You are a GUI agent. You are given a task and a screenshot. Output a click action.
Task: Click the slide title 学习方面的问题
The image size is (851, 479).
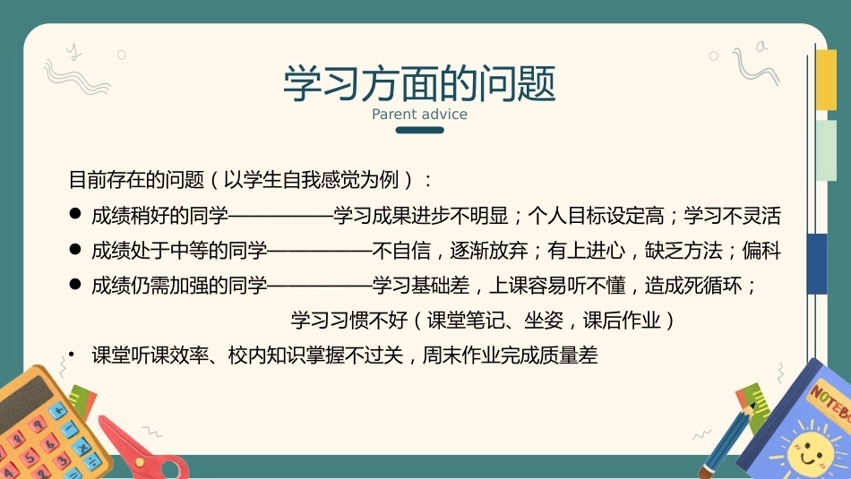click(x=419, y=83)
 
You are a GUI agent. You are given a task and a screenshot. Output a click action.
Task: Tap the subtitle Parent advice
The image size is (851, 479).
click(x=419, y=114)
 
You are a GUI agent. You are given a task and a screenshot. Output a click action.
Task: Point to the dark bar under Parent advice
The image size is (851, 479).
click(x=419, y=130)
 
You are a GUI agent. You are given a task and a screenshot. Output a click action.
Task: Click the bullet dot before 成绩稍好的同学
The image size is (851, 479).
click(x=75, y=214)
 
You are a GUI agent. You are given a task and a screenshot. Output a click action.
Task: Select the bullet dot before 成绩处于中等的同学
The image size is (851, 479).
click(x=75, y=249)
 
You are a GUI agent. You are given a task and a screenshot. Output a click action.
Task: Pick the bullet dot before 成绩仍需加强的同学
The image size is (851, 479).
click(x=75, y=284)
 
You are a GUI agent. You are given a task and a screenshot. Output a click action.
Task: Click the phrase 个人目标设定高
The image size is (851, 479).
click(x=596, y=216)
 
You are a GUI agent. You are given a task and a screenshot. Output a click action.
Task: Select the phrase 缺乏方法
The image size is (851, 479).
click(x=683, y=251)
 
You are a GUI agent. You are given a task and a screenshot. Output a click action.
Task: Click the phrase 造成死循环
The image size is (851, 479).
click(x=693, y=286)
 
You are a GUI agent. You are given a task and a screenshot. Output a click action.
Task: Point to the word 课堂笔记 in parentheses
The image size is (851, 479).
click(x=466, y=320)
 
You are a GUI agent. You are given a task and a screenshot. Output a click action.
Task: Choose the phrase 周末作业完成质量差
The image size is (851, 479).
click(x=510, y=355)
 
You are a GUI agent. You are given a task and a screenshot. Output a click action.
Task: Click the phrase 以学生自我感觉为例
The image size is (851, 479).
click(x=311, y=180)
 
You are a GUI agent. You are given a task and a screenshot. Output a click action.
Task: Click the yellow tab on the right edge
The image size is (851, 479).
click(x=826, y=79)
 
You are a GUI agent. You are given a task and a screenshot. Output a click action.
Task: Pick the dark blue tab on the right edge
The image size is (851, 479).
click(x=817, y=263)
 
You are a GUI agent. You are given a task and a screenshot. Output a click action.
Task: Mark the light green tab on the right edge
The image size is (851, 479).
click(x=826, y=150)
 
